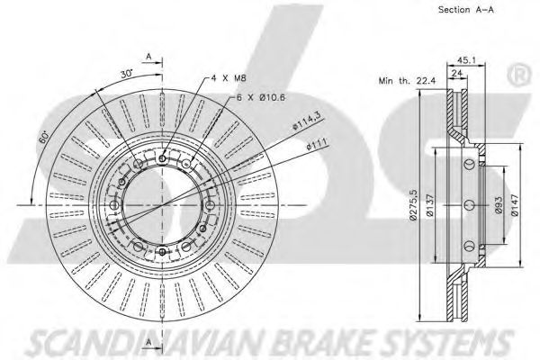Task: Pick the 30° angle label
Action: point(127,72)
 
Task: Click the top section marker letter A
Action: point(148,55)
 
